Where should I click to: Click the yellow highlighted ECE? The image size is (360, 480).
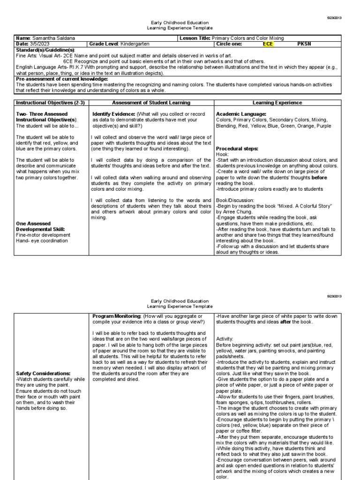(268, 44)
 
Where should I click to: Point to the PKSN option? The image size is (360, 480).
(304, 44)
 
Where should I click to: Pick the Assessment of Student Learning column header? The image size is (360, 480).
(151, 103)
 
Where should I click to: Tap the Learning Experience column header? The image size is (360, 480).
(277, 103)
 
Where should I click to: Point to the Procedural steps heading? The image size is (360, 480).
(237, 149)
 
